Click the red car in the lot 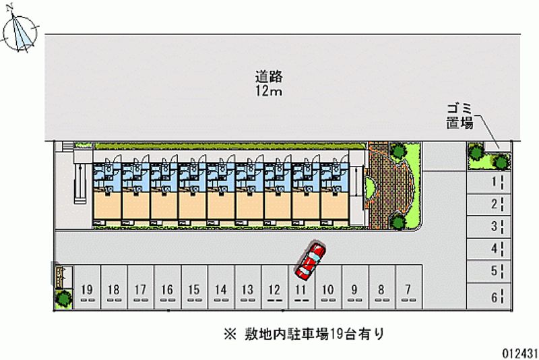(310, 262)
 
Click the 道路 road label (268, 77)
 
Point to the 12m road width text (268, 92)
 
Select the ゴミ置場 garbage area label (460, 116)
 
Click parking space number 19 (86, 291)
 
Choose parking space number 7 (408, 291)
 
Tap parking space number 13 (247, 291)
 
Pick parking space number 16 (167, 291)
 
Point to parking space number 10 (327, 291)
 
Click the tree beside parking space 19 (63, 297)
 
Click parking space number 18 (113, 291)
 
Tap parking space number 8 (381, 291)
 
